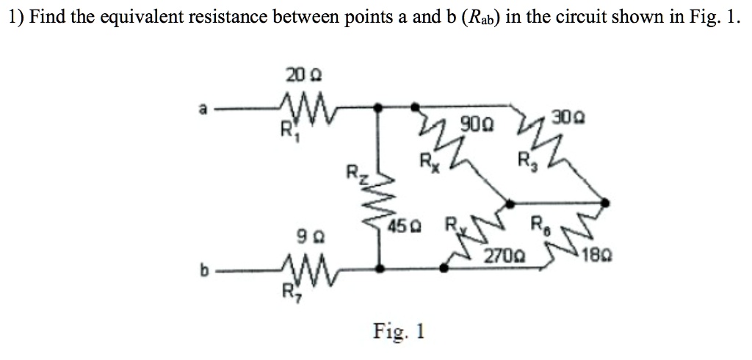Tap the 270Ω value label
tap(503, 256)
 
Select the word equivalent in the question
tap(137, 18)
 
